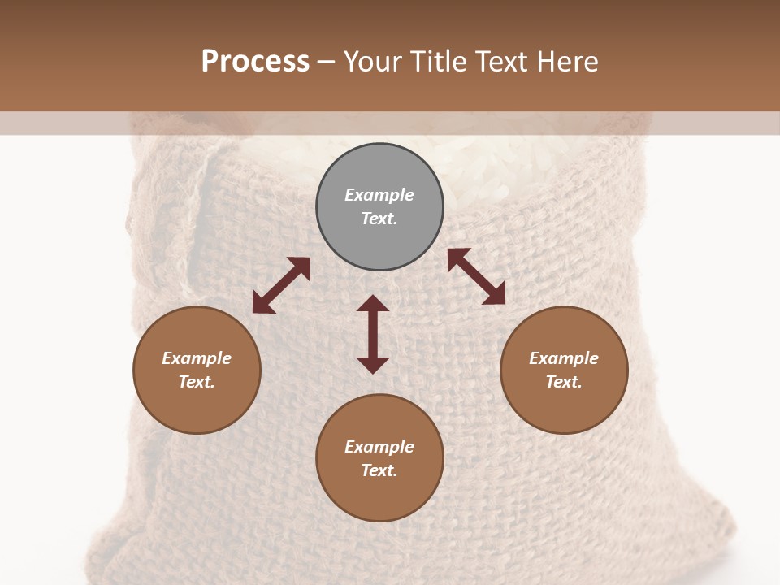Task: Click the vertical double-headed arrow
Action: tap(373, 334)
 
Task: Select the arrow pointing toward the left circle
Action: tap(281, 285)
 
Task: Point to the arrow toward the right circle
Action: tap(477, 276)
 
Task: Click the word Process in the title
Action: tap(255, 61)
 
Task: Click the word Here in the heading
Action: tap(567, 61)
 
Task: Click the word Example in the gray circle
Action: tap(379, 195)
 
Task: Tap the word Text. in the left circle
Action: tap(197, 382)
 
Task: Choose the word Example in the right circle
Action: tap(564, 358)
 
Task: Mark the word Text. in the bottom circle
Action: tap(379, 470)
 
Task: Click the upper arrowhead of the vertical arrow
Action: tap(373, 303)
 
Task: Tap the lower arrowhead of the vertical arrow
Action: tap(373, 365)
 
